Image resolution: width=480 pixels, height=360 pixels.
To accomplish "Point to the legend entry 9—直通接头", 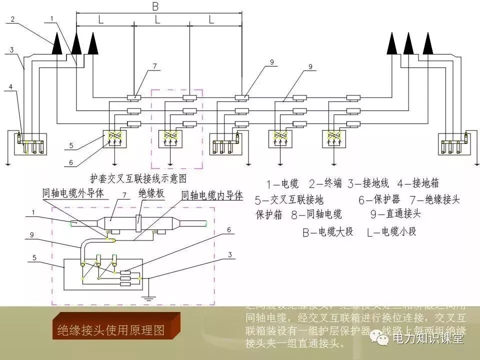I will point(395,214).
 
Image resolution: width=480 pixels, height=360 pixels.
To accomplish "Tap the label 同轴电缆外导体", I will point(73,193).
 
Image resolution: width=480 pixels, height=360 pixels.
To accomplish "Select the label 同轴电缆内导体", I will point(212,195).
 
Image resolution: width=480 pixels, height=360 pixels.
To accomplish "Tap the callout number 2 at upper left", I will point(13,19).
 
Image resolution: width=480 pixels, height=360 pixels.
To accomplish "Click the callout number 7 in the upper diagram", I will point(155,66).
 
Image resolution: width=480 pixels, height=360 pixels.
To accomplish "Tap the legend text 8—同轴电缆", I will point(319,214).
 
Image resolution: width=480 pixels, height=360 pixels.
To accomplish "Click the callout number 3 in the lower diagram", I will point(229,254).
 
